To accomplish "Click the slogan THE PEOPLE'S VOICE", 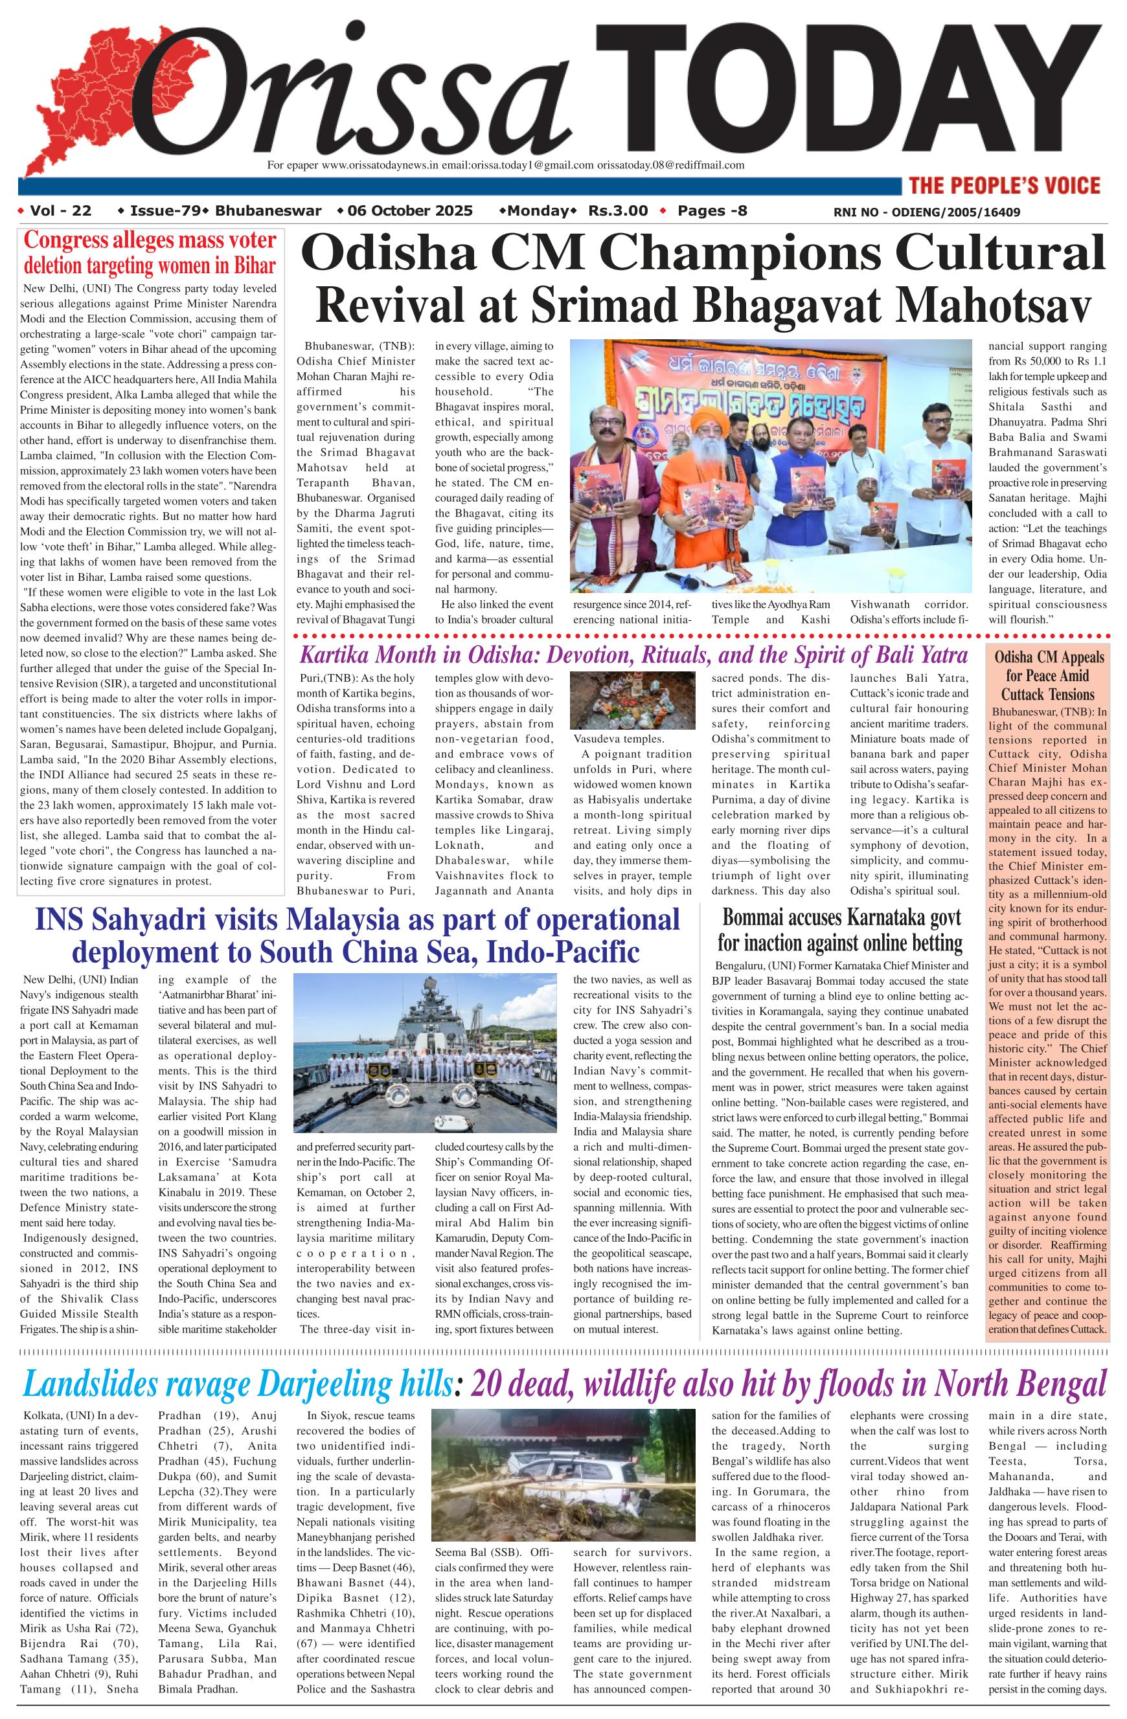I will point(1003,186).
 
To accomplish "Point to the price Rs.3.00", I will point(618,211).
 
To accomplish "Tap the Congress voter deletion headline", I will point(150,253).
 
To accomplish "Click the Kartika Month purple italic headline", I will point(633,655).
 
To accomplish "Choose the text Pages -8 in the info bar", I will point(712,211).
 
